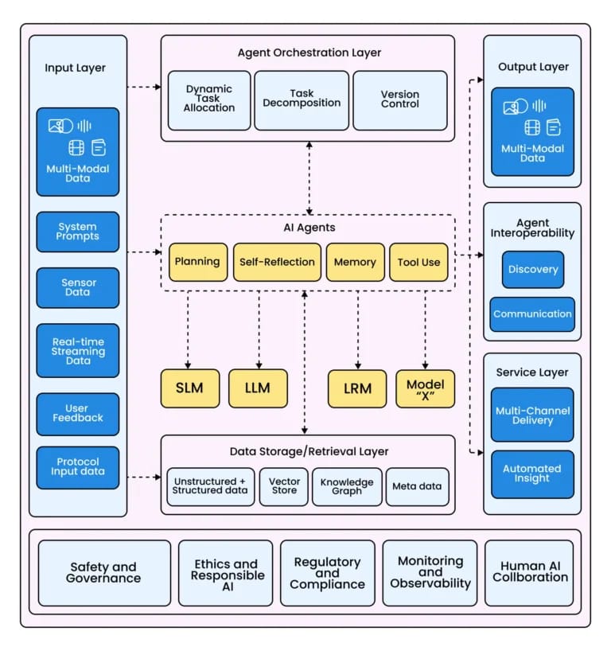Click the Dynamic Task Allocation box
click(x=209, y=100)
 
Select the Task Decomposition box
click(x=302, y=100)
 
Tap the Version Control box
click(x=399, y=100)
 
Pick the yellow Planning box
click(x=197, y=263)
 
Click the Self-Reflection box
click(x=276, y=263)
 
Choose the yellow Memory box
click(x=355, y=263)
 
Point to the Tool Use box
click(x=419, y=263)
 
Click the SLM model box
click(x=190, y=388)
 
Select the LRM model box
click(x=357, y=388)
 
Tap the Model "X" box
click(x=425, y=388)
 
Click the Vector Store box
click(x=284, y=487)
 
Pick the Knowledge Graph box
click(x=346, y=487)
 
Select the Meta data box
click(x=416, y=487)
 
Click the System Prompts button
click(x=78, y=232)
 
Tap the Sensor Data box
click(x=78, y=287)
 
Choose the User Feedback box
click(x=78, y=413)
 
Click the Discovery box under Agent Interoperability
click(x=532, y=270)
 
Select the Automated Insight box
click(x=531, y=474)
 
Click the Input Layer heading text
click(x=75, y=68)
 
